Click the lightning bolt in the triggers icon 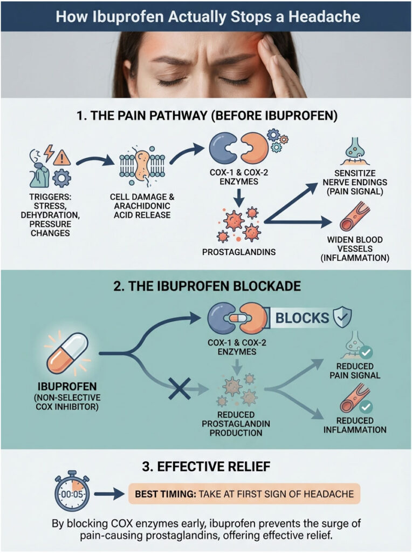pos(49,153)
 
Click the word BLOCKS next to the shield pos(302,318)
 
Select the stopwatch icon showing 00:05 pos(72,493)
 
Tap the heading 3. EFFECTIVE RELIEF pos(206,466)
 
